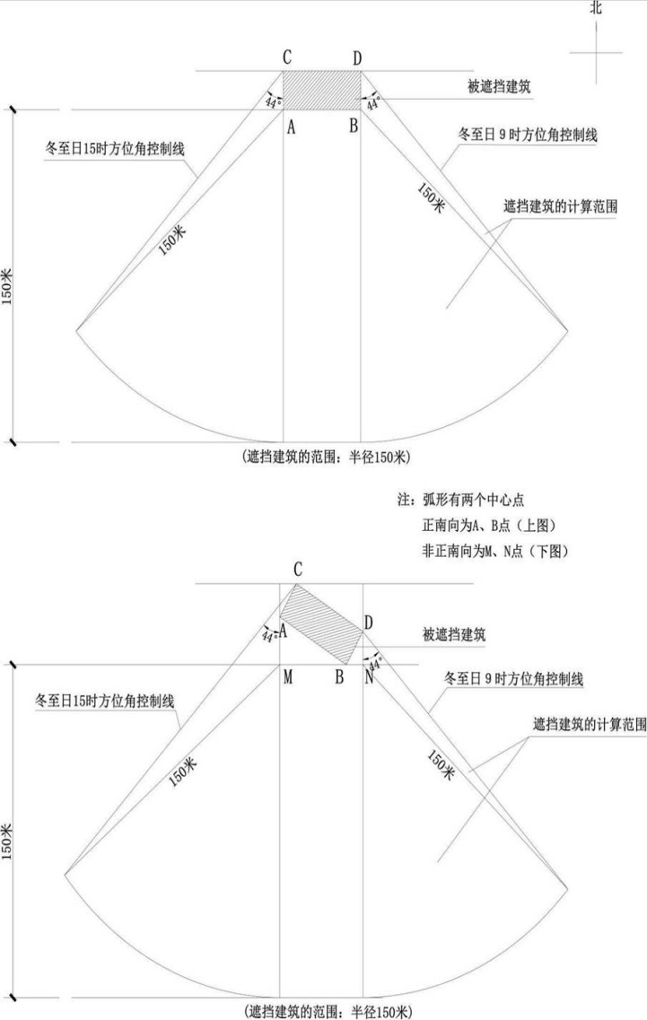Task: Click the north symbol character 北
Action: click(x=596, y=7)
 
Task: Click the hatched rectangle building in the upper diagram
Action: click(x=321, y=91)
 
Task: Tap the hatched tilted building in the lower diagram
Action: click(x=321, y=623)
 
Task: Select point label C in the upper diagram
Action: click(x=287, y=57)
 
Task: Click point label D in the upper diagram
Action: click(x=357, y=58)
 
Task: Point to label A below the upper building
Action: click(x=291, y=127)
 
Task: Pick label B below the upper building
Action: click(x=354, y=126)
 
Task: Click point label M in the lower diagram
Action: click(x=288, y=677)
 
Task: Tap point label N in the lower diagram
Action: click(x=369, y=677)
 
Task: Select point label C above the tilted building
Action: click(x=297, y=570)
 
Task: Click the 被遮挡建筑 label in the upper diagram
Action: click(x=499, y=86)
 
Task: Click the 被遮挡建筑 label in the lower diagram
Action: click(x=454, y=635)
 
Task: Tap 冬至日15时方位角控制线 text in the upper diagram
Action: click(x=115, y=149)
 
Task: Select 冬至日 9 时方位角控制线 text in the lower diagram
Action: click(x=513, y=678)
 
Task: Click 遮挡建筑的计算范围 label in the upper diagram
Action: click(x=561, y=207)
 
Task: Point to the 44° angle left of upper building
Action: click(x=274, y=102)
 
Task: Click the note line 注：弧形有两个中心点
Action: click(x=461, y=500)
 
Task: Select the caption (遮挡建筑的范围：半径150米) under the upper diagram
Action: click(x=326, y=457)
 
